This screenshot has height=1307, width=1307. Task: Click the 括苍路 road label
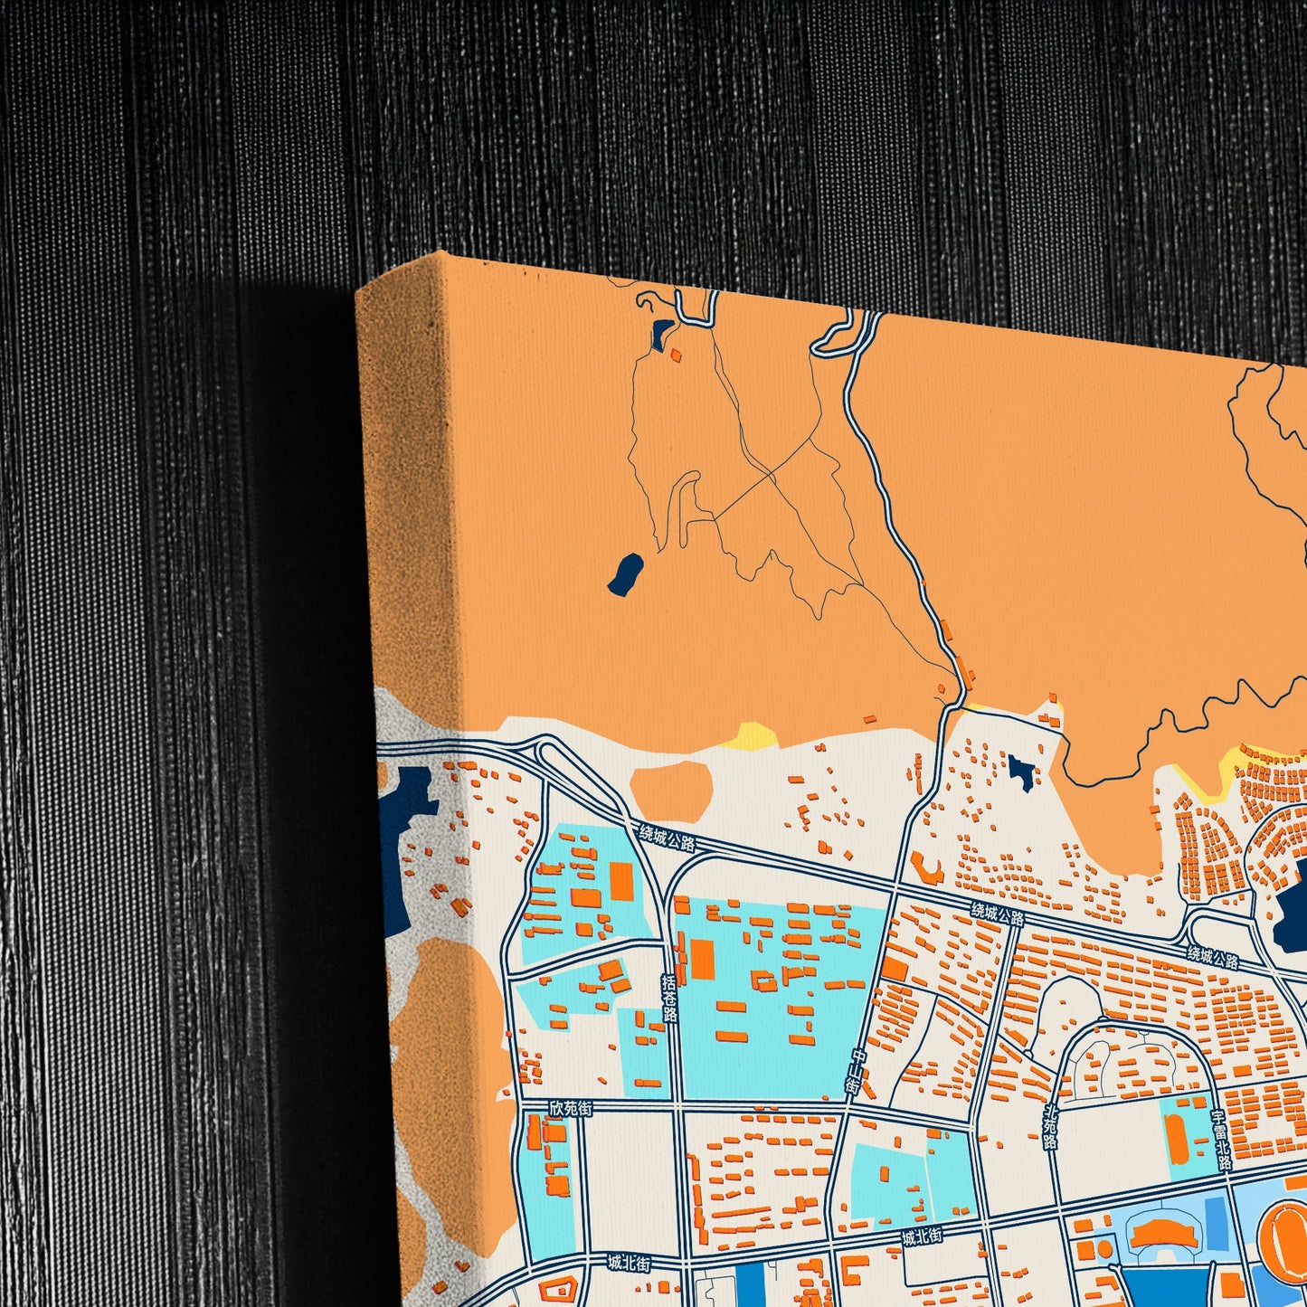669,997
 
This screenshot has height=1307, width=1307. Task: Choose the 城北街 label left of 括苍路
628,1263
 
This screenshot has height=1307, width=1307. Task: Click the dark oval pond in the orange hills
625,574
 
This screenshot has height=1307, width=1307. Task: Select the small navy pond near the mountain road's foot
1022,772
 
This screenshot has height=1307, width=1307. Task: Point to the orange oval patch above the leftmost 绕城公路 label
670,789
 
